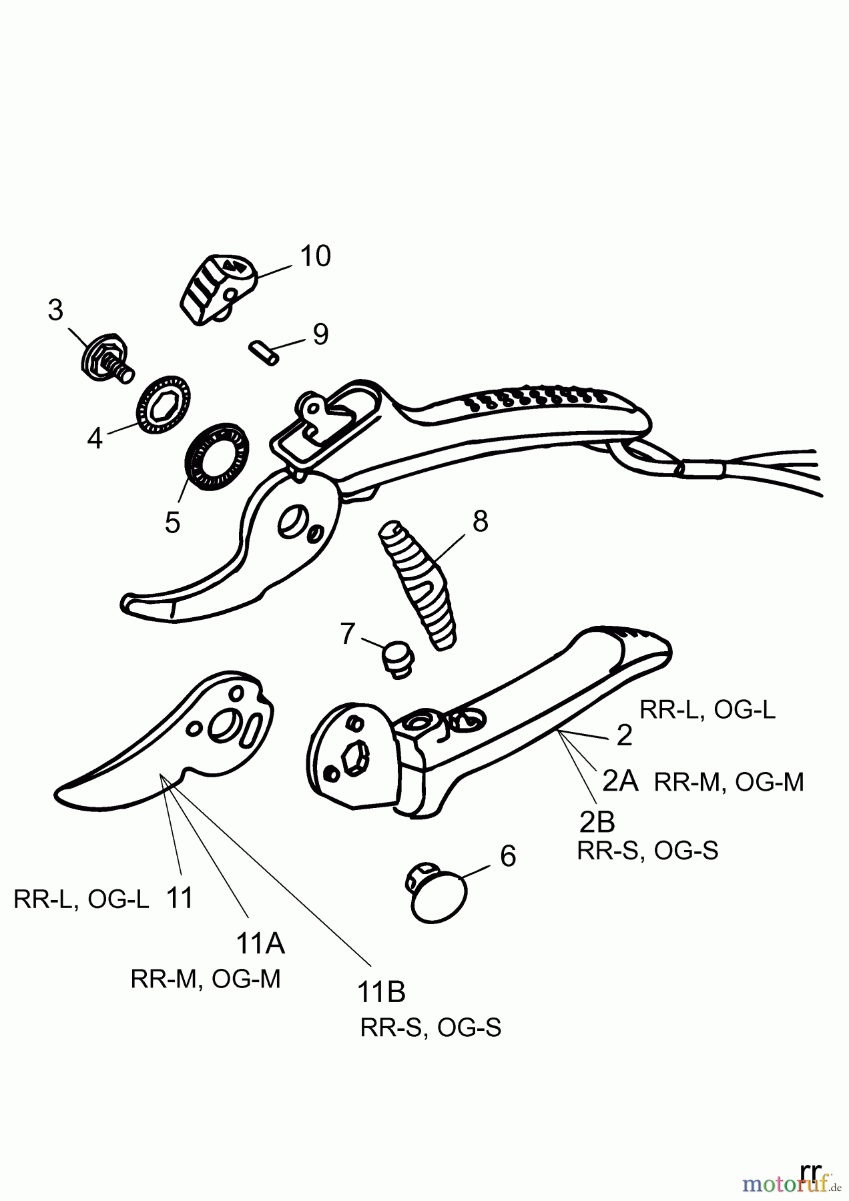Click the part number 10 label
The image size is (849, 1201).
tap(315, 256)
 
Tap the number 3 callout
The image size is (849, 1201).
tap(55, 310)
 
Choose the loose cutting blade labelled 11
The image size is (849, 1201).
tap(167, 741)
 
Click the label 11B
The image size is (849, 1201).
tap(382, 992)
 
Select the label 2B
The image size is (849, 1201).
tap(597, 822)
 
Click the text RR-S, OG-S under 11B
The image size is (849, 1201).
tap(431, 1028)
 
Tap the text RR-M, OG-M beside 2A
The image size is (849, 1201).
tap(729, 781)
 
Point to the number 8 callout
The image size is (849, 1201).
tap(480, 521)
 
